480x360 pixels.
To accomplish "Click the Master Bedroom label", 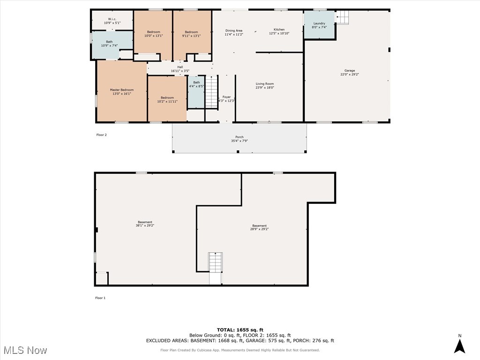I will [x=121, y=90].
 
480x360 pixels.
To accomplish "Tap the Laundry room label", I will [x=319, y=23].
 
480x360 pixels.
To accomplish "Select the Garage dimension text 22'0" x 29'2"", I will [x=350, y=75].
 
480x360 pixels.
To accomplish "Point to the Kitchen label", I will [x=279, y=30].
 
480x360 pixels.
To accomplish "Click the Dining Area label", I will [x=233, y=30].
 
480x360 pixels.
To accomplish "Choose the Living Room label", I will [x=264, y=84].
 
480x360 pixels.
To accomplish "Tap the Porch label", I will [x=239, y=137].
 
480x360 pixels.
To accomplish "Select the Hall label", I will [x=180, y=67].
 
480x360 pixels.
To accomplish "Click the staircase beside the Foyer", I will [x=212, y=92].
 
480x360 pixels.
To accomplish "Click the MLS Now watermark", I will [x=25, y=350].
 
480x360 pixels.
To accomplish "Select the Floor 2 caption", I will [x=102, y=135].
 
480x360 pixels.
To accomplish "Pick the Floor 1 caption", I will [x=100, y=298].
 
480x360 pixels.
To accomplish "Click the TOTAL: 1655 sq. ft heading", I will [x=240, y=330].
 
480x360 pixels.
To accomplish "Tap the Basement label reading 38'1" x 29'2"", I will [x=145, y=222].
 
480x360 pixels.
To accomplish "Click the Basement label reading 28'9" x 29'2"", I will [x=259, y=225].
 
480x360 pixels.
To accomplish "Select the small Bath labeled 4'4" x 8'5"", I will [x=196, y=82].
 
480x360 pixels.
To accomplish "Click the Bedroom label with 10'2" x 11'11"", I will [x=167, y=98].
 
